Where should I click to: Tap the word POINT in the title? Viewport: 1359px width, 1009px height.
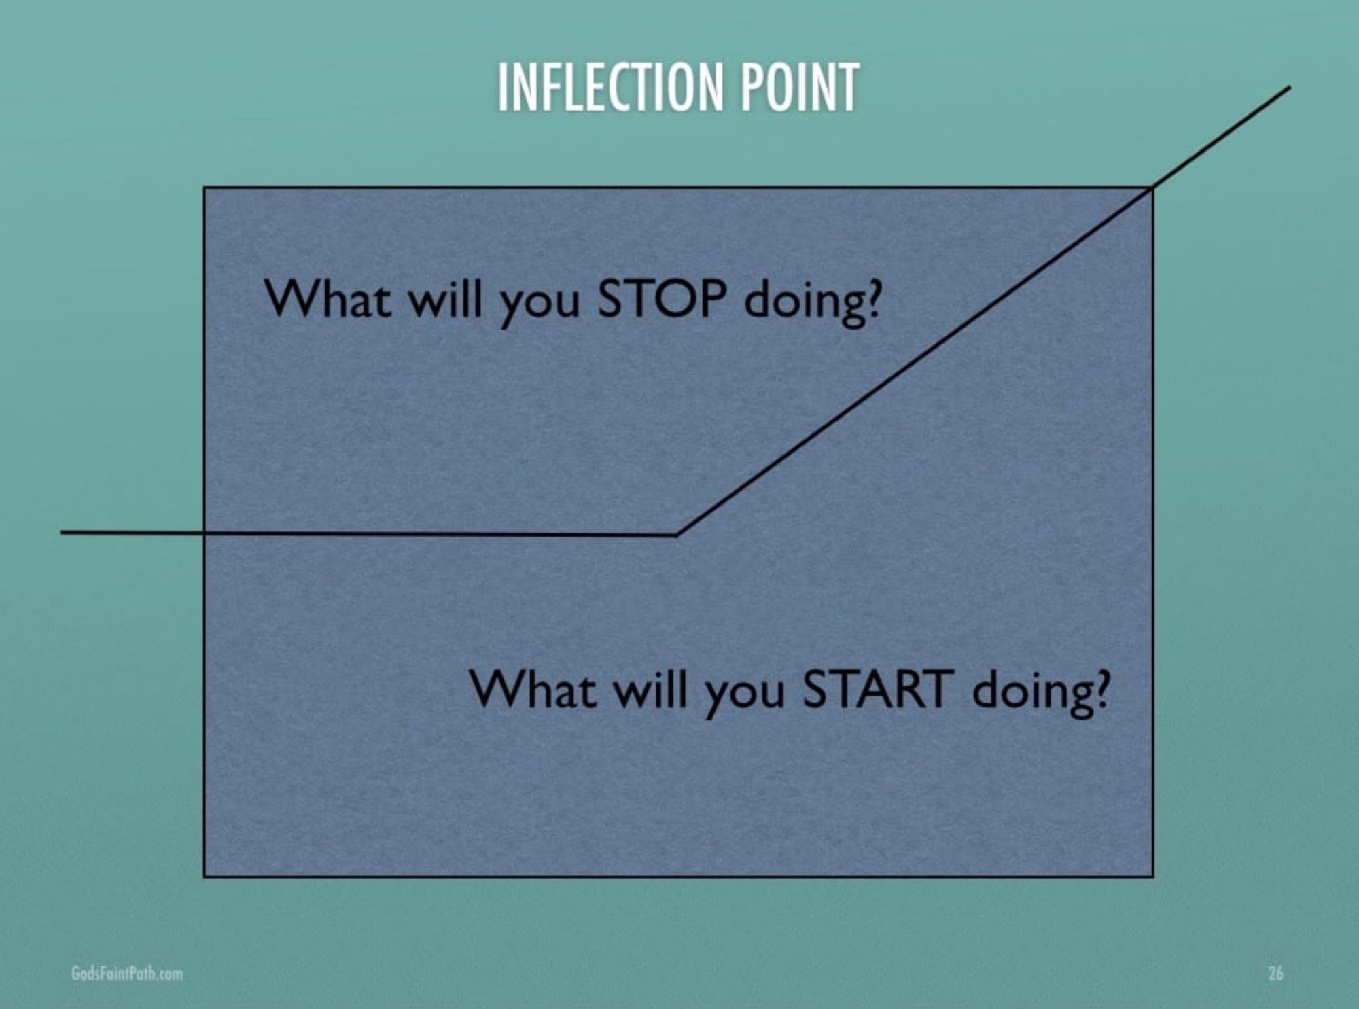click(x=800, y=87)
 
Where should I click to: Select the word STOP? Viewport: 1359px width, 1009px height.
click(x=661, y=299)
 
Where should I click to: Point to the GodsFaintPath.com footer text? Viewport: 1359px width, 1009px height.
click(x=127, y=973)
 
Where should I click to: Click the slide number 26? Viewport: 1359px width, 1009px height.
click(x=1275, y=973)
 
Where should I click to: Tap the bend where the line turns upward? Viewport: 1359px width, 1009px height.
click(x=676, y=535)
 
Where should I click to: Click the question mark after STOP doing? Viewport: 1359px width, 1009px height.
click(x=872, y=299)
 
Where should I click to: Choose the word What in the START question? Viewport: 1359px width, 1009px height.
click(x=533, y=688)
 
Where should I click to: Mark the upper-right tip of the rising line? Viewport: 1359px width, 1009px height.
click(x=1290, y=87)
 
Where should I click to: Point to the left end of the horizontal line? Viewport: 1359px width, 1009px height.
click(x=62, y=532)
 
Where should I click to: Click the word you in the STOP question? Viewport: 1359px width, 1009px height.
click(x=540, y=306)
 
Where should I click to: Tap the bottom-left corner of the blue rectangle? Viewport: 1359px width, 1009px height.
click(x=205, y=876)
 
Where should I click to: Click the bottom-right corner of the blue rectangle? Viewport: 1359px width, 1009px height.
click(x=1152, y=876)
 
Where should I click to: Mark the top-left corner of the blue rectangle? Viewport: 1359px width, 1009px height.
click(x=205, y=188)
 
